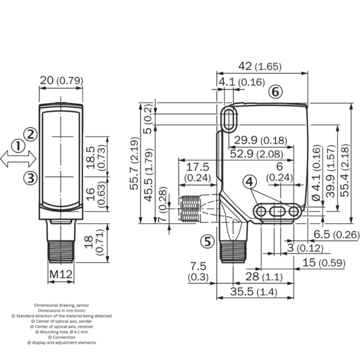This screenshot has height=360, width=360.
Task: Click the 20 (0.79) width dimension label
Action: [x=62, y=80]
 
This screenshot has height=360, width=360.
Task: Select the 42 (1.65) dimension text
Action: [x=260, y=67]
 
